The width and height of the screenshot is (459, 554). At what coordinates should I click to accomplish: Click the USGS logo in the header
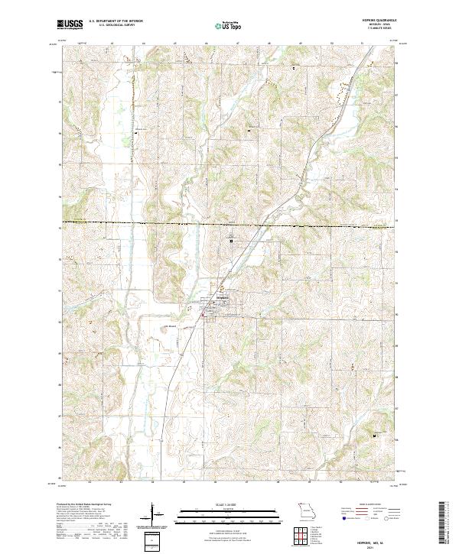point(70,24)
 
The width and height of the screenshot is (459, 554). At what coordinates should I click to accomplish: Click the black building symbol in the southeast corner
point(374,436)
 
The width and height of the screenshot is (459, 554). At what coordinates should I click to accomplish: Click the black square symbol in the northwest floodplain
point(137,131)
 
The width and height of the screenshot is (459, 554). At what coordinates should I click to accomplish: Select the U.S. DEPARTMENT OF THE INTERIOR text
point(116,21)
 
